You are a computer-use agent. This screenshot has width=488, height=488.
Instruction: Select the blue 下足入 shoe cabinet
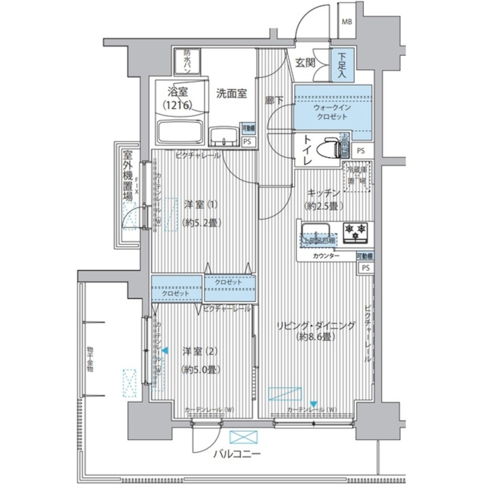click(340, 66)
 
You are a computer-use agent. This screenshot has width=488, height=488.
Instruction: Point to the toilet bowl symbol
click(329, 147)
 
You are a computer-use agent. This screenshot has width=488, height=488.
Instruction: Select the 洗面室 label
click(231, 93)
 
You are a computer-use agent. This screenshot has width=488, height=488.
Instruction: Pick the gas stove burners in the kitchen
click(355, 232)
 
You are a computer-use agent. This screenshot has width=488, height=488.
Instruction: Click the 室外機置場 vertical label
click(127, 176)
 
